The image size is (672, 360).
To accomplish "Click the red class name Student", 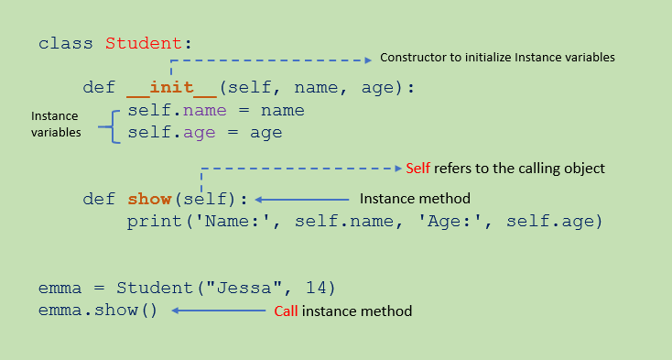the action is coord(144,43).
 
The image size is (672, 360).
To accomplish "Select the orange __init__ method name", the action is coord(171,88).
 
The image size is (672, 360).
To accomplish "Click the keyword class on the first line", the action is coord(66,43).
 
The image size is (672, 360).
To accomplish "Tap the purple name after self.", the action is coord(205,111).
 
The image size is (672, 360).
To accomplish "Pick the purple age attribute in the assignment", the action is coord(200,134).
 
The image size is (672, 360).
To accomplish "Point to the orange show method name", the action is coord(149,199).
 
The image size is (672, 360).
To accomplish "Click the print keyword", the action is coord(155,222).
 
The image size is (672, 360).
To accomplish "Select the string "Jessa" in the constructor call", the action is coord(244,288).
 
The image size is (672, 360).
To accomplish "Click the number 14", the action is coord(316,288).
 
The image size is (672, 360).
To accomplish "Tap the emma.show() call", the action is coord(98,310).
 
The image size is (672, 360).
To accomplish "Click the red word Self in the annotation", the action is coord(417,168).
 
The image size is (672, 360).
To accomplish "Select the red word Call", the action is coord(286,311).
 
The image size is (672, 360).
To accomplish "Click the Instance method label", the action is coord(415,199).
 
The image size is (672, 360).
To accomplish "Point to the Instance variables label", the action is coord(56,124).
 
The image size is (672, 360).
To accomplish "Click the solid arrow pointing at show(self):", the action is coord(302,200).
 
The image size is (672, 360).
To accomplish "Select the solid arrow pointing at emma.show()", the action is coord(219,311).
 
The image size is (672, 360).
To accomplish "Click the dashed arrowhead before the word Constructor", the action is coord(368,60).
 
